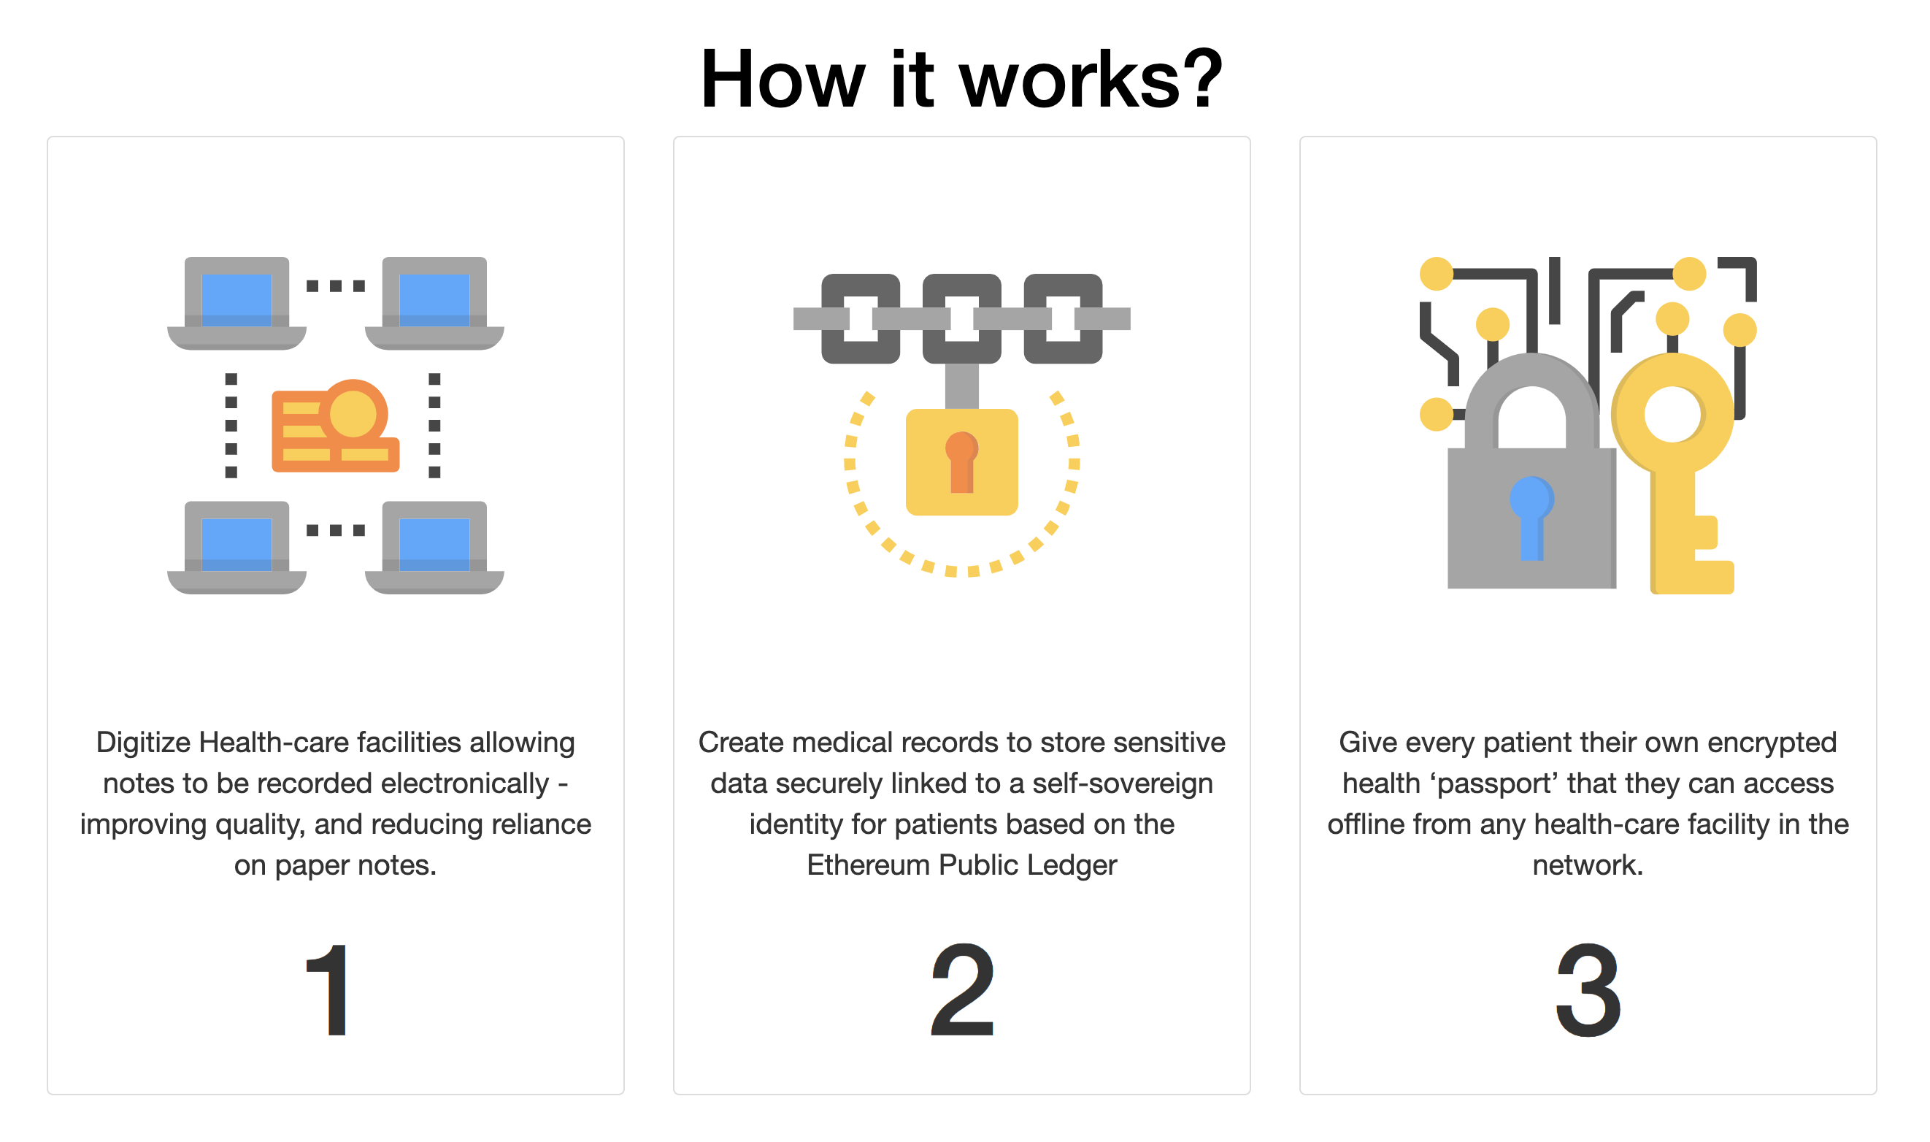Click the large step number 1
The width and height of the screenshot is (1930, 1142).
click(328, 991)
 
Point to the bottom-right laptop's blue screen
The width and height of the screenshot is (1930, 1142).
click(435, 543)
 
